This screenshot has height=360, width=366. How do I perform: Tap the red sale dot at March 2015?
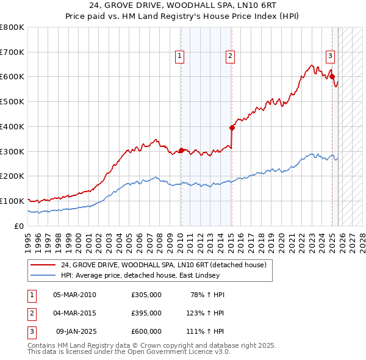[x=232, y=128]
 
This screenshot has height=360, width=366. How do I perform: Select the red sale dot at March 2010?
[x=181, y=150]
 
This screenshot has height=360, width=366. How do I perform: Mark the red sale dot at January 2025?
[x=332, y=77]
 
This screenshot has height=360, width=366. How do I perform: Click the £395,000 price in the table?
[x=146, y=313]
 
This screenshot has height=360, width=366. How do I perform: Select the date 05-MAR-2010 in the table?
[x=74, y=295]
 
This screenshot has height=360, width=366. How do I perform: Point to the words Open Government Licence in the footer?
[x=176, y=352]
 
